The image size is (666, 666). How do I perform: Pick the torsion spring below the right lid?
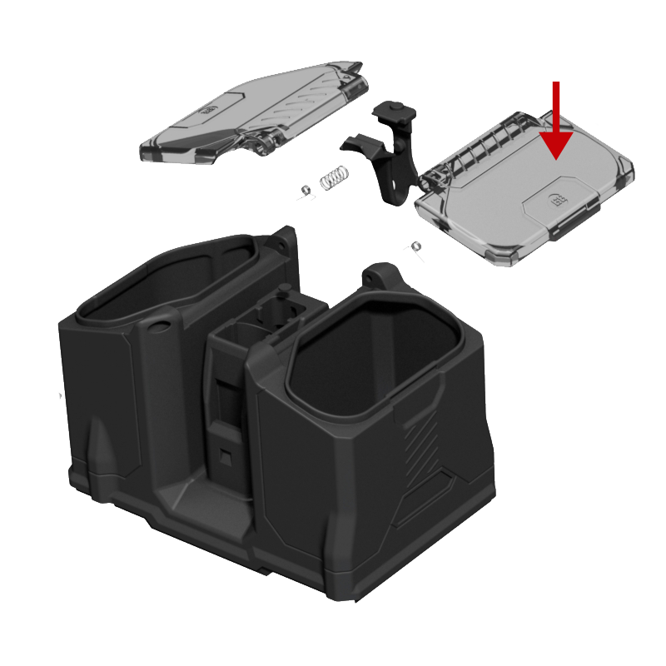coord(412,247)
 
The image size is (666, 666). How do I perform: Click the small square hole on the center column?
coord(226,455)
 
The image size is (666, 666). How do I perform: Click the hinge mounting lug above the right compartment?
coord(380,276)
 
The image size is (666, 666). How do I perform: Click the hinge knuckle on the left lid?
coord(264,143)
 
